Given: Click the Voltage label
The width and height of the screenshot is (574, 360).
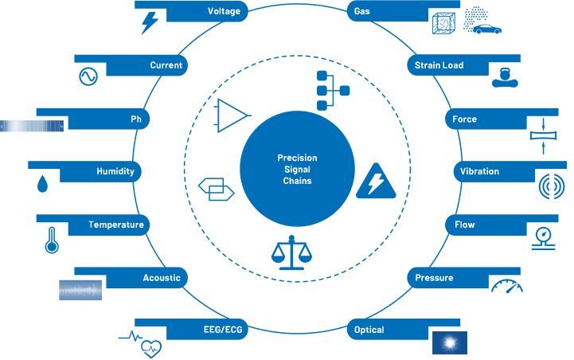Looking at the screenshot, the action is coord(224,11).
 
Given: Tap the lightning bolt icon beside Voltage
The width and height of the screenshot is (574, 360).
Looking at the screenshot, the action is coord(150,22).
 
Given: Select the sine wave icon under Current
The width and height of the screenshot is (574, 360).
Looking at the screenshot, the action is coord(88,76).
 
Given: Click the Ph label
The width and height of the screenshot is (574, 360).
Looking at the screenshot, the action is coord(136,119).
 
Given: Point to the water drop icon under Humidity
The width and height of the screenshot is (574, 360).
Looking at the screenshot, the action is coord(42,183).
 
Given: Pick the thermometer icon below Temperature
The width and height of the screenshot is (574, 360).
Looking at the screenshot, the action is coord(52,240).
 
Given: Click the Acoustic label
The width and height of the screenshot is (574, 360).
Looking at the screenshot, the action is coord(162,278).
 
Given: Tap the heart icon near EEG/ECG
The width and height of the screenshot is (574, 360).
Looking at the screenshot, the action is coord(151,349).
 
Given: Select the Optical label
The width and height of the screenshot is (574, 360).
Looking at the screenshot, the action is coord(369,330).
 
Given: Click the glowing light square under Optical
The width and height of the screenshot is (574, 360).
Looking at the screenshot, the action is coord(450,342).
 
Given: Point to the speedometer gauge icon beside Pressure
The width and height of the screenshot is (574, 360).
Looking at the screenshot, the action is coord(507,286).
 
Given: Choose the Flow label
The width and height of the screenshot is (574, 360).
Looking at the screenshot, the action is coord(465,225).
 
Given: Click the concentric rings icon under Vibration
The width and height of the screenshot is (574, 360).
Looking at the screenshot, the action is coord(552,186).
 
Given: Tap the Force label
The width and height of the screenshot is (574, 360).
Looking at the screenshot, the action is coord(464,119).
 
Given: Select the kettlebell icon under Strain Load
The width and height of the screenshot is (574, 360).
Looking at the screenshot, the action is coord(505,77).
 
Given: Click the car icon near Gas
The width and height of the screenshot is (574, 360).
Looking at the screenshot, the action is coord(487,29).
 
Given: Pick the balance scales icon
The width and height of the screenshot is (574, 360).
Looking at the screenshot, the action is coord(291,252).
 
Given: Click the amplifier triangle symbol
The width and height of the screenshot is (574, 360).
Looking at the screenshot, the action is coord(232,115).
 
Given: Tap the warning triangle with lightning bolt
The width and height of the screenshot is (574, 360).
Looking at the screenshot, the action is coord(376,182).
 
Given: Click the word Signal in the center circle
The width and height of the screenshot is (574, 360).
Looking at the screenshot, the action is coord(297,169).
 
